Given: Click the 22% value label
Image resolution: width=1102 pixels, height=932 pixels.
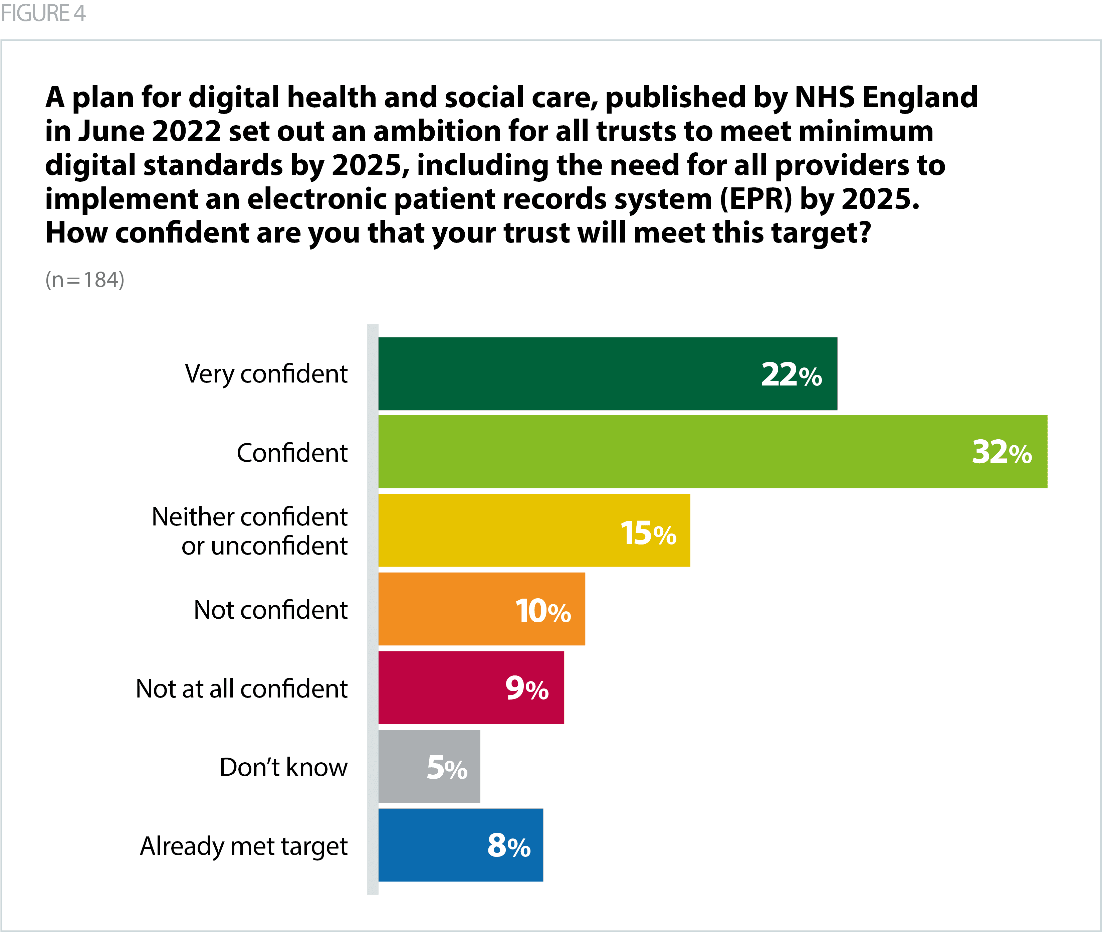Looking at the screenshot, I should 791,374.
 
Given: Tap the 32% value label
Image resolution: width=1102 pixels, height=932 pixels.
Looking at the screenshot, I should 1002,452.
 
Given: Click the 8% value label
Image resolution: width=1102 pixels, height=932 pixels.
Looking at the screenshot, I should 508,845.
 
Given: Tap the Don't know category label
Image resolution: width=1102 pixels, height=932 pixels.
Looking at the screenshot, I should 283,767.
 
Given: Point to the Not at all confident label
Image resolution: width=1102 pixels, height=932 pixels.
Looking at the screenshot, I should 241,689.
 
